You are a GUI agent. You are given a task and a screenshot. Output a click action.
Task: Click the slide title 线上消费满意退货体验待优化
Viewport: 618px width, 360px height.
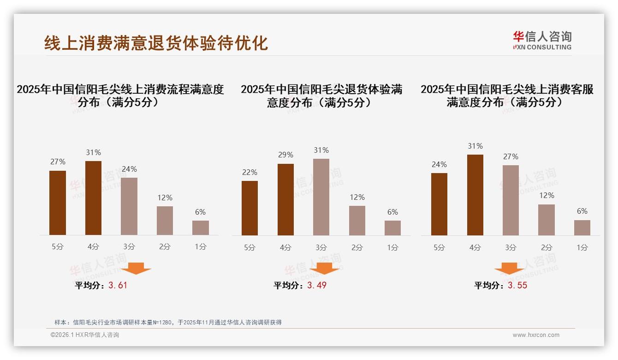click(x=156, y=43)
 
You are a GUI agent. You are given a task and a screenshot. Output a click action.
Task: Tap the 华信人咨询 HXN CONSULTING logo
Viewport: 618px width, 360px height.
click(x=542, y=41)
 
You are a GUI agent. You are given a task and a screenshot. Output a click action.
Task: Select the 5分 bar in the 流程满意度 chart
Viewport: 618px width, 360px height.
click(x=58, y=203)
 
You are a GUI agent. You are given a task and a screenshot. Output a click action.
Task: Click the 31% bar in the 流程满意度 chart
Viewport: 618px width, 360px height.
click(x=93, y=198)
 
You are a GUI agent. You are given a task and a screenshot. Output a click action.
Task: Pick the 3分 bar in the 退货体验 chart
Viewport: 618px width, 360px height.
click(x=321, y=197)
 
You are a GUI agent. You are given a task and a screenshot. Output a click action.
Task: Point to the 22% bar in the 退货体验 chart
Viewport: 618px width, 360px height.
click(x=250, y=208)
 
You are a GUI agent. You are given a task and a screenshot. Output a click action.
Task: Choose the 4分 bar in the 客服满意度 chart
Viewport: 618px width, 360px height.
click(x=475, y=195)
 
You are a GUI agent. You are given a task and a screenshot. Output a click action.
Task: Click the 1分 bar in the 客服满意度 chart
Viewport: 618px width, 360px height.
click(x=582, y=228)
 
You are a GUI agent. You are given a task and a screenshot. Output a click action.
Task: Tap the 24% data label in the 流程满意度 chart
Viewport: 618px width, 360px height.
click(x=129, y=169)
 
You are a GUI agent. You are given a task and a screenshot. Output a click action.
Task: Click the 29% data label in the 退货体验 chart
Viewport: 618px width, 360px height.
click(x=285, y=155)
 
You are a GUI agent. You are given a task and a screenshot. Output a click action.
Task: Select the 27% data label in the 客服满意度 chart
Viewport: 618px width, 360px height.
click(x=511, y=156)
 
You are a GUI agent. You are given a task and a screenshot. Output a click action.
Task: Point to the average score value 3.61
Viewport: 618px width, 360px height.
click(x=118, y=285)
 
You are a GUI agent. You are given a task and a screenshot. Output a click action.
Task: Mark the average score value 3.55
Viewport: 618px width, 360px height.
click(x=517, y=285)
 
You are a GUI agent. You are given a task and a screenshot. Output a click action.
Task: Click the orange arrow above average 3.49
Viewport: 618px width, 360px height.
click(x=324, y=269)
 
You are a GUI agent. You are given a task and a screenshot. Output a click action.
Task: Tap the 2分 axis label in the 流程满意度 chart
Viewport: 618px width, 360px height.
click(x=165, y=247)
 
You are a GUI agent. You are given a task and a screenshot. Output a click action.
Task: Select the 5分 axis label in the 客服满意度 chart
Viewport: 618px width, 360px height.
click(x=439, y=248)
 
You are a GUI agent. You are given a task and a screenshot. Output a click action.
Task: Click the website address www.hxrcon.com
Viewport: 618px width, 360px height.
click(x=536, y=335)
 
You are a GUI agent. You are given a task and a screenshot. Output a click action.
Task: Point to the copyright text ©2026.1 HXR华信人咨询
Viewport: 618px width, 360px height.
click(x=85, y=335)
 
